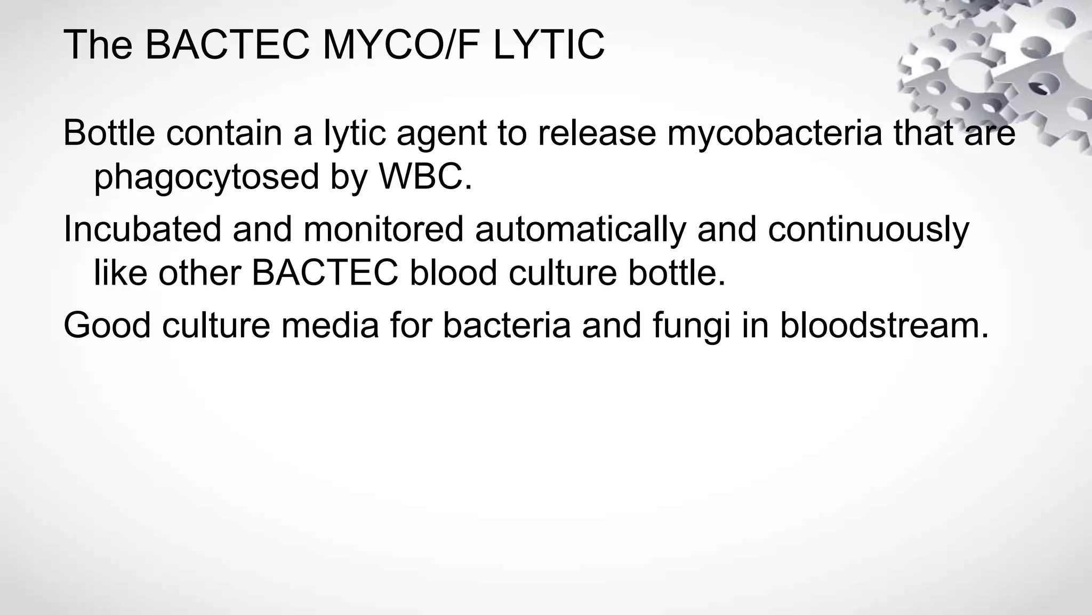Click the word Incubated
[x=142, y=229]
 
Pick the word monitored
[x=383, y=229]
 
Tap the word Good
[x=107, y=325]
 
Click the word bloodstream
[x=884, y=325]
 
